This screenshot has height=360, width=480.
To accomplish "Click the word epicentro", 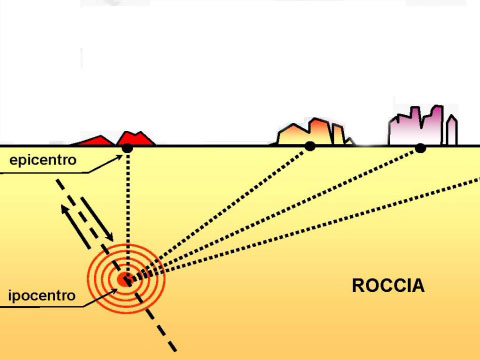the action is [x=37, y=160].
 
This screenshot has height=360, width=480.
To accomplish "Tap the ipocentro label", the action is [x=37, y=297].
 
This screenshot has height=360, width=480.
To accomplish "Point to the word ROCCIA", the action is [x=388, y=286].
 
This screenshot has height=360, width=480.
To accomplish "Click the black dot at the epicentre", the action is [x=127, y=149].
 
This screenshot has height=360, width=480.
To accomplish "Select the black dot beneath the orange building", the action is [x=310, y=147].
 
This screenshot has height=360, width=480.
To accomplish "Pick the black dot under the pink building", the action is [x=420, y=148].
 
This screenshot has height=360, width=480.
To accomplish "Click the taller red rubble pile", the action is [x=134, y=137].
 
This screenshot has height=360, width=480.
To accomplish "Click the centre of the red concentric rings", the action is [x=126, y=278].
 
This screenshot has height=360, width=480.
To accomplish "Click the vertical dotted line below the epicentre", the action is [x=127, y=210].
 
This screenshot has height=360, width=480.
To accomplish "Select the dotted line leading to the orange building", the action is [x=220, y=212].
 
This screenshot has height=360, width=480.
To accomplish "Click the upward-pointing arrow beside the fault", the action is [x=73, y=218].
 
